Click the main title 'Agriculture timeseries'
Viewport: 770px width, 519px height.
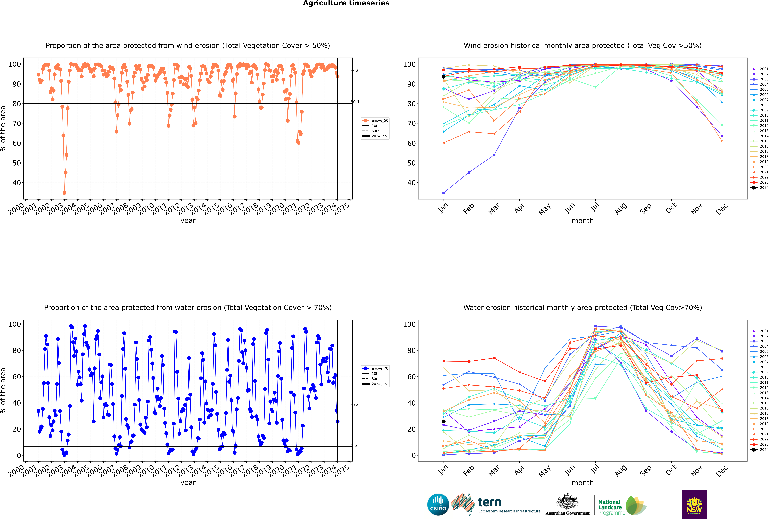tap(346, 3)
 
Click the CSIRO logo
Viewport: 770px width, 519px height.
tap(438, 504)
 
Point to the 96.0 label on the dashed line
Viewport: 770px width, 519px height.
tap(355, 70)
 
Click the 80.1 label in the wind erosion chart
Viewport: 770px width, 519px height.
tap(355, 102)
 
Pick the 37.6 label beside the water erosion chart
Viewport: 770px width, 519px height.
tap(355, 404)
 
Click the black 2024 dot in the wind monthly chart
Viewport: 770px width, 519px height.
tap(444, 77)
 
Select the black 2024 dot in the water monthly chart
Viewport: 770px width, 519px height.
tap(444, 421)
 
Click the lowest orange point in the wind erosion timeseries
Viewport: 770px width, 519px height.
tap(64, 193)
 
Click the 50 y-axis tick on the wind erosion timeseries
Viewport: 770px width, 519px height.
tap(17, 163)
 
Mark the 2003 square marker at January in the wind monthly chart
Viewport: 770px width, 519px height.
tap(444, 193)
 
